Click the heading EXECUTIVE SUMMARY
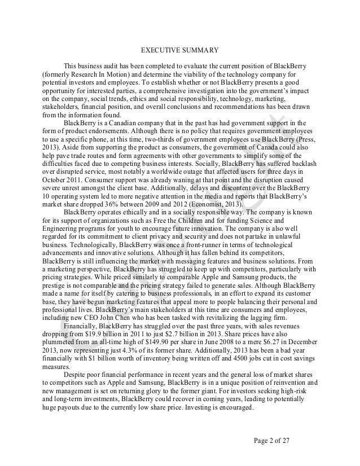pyautogui.click(x=180, y=49)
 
